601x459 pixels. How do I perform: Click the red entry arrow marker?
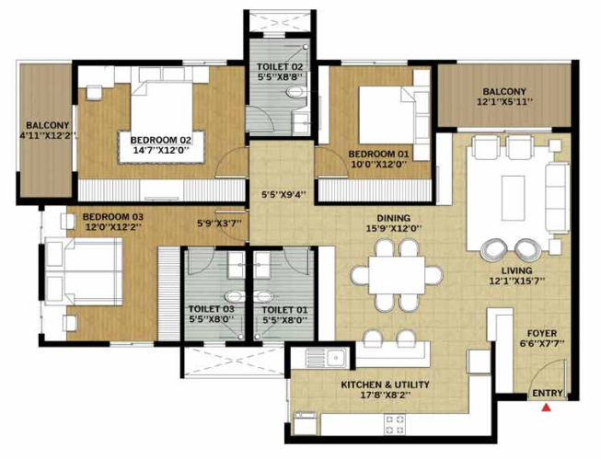click(x=546, y=407)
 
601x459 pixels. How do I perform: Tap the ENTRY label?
click(x=548, y=393)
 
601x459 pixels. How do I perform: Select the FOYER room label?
click(x=542, y=333)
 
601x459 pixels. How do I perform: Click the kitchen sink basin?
click(x=337, y=358)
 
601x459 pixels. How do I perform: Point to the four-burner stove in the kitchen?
click(x=395, y=424)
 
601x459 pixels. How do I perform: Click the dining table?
click(x=397, y=275)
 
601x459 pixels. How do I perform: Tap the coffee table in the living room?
click(x=514, y=198)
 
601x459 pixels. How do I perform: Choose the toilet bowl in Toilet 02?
click(x=296, y=92)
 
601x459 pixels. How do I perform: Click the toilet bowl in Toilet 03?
click(x=234, y=296)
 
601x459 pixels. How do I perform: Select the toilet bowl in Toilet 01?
click(x=263, y=296)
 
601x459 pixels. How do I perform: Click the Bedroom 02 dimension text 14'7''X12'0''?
click(x=161, y=150)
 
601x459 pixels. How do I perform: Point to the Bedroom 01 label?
click(x=378, y=155)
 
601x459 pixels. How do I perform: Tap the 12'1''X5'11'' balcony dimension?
click(x=504, y=102)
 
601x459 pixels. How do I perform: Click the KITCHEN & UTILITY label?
click(x=386, y=384)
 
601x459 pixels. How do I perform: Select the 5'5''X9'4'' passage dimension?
click(x=283, y=195)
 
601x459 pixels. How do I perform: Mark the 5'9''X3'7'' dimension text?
click(x=219, y=224)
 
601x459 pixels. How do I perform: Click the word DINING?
click(x=394, y=218)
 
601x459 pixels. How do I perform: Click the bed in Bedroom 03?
click(x=84, y=271)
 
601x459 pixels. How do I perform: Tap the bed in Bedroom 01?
click(x=387, y=115)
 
